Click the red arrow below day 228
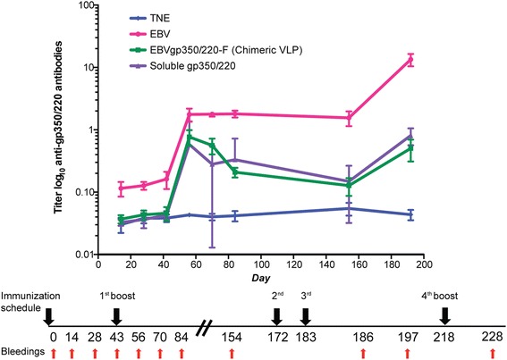(493, 352)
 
